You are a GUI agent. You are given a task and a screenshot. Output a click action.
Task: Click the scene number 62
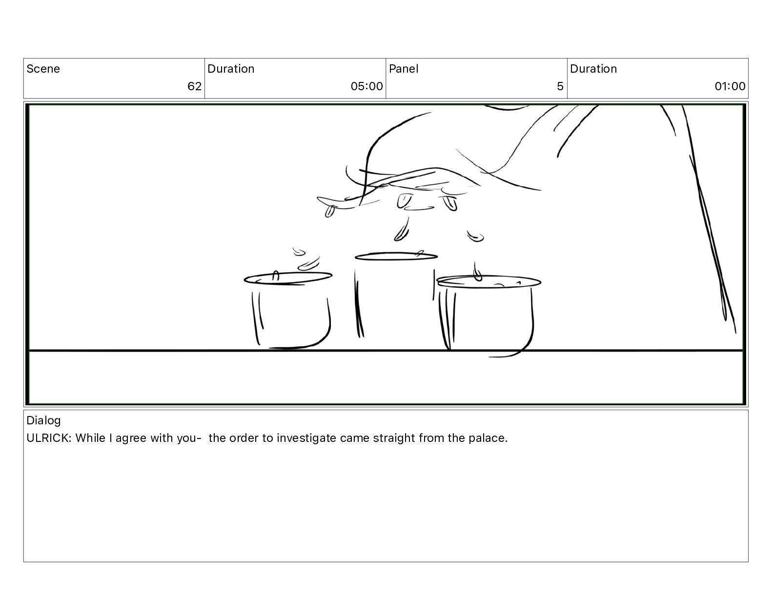click(x=194, y=86)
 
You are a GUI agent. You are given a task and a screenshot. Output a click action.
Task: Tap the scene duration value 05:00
click(x=366, y=86)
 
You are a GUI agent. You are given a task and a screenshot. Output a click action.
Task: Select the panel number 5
click(x=560, y=86)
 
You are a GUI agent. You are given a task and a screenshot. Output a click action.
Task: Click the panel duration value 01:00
click(x=730, y=86)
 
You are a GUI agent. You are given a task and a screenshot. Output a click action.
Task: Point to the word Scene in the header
click(x=43, y=69)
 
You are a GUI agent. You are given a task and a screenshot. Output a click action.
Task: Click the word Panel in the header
click(x=404, y=69)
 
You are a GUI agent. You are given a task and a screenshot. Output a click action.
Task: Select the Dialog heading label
click(x=43, y=421)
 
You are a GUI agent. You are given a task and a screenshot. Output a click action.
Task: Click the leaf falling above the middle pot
click(x=402, y=230)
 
